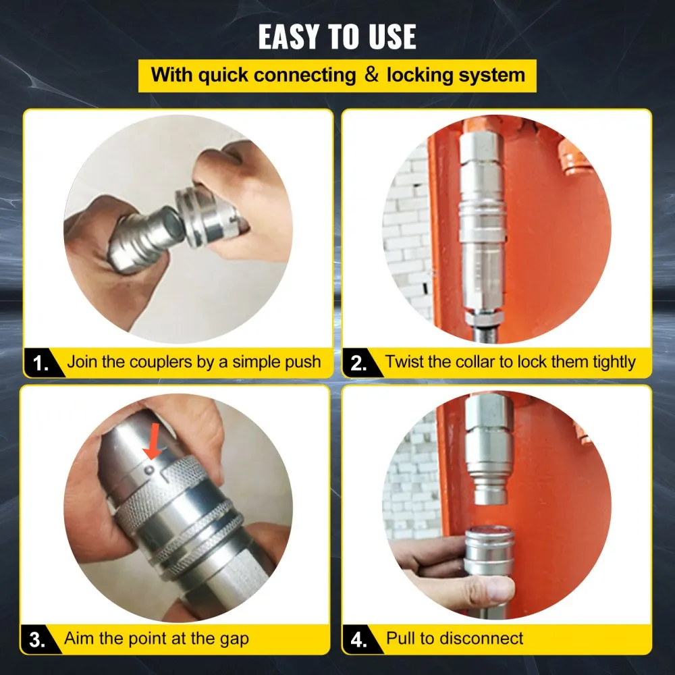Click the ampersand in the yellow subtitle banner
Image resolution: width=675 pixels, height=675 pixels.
pos(371,74)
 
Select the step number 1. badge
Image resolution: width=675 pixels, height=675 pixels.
pos(41,364)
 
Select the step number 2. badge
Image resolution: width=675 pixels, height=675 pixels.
pos(358,364)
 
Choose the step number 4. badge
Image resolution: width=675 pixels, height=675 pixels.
pos(358,638)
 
